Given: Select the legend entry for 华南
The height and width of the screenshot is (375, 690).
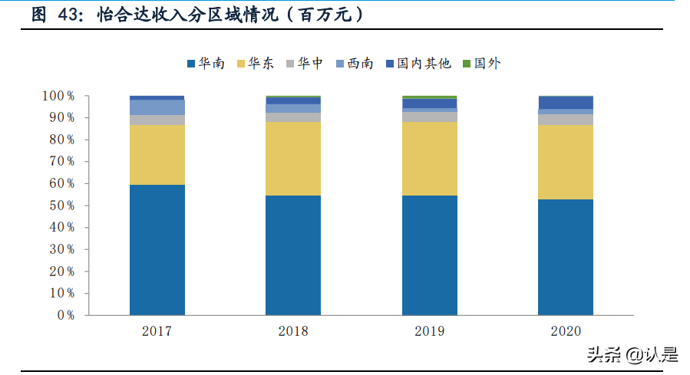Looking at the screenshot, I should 205,64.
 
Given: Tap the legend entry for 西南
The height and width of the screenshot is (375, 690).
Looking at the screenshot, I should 354,64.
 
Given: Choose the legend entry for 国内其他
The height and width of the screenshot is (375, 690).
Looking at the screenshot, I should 418,64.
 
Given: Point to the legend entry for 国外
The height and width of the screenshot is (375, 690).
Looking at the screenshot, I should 481,64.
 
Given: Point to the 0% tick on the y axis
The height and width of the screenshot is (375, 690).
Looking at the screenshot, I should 64,315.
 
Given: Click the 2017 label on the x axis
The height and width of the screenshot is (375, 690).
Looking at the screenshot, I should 157,331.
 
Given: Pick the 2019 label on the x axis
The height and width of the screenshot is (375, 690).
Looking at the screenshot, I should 429,331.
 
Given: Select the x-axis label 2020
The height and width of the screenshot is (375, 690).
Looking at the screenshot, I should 566,331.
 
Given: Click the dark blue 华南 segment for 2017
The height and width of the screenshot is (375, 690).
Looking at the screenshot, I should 157,249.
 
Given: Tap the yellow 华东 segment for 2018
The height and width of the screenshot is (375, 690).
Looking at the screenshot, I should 293,159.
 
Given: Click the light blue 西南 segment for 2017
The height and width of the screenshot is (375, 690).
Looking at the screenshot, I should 157,107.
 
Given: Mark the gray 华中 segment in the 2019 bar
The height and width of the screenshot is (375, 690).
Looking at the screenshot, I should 429,117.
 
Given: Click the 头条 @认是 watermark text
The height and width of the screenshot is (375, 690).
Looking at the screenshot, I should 632,354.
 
